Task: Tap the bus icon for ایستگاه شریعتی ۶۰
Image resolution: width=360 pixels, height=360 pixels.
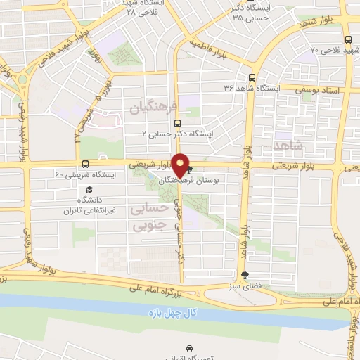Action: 86,164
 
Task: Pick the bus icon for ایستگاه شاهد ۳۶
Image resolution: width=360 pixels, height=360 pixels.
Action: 252,78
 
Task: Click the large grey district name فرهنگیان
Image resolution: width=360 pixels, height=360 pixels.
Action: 150,106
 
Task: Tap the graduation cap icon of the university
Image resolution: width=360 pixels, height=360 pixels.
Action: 89,190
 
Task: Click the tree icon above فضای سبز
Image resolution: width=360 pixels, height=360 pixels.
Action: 245,275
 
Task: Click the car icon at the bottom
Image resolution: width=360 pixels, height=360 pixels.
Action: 189,348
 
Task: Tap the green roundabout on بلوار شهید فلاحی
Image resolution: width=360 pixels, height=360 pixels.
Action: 22,79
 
